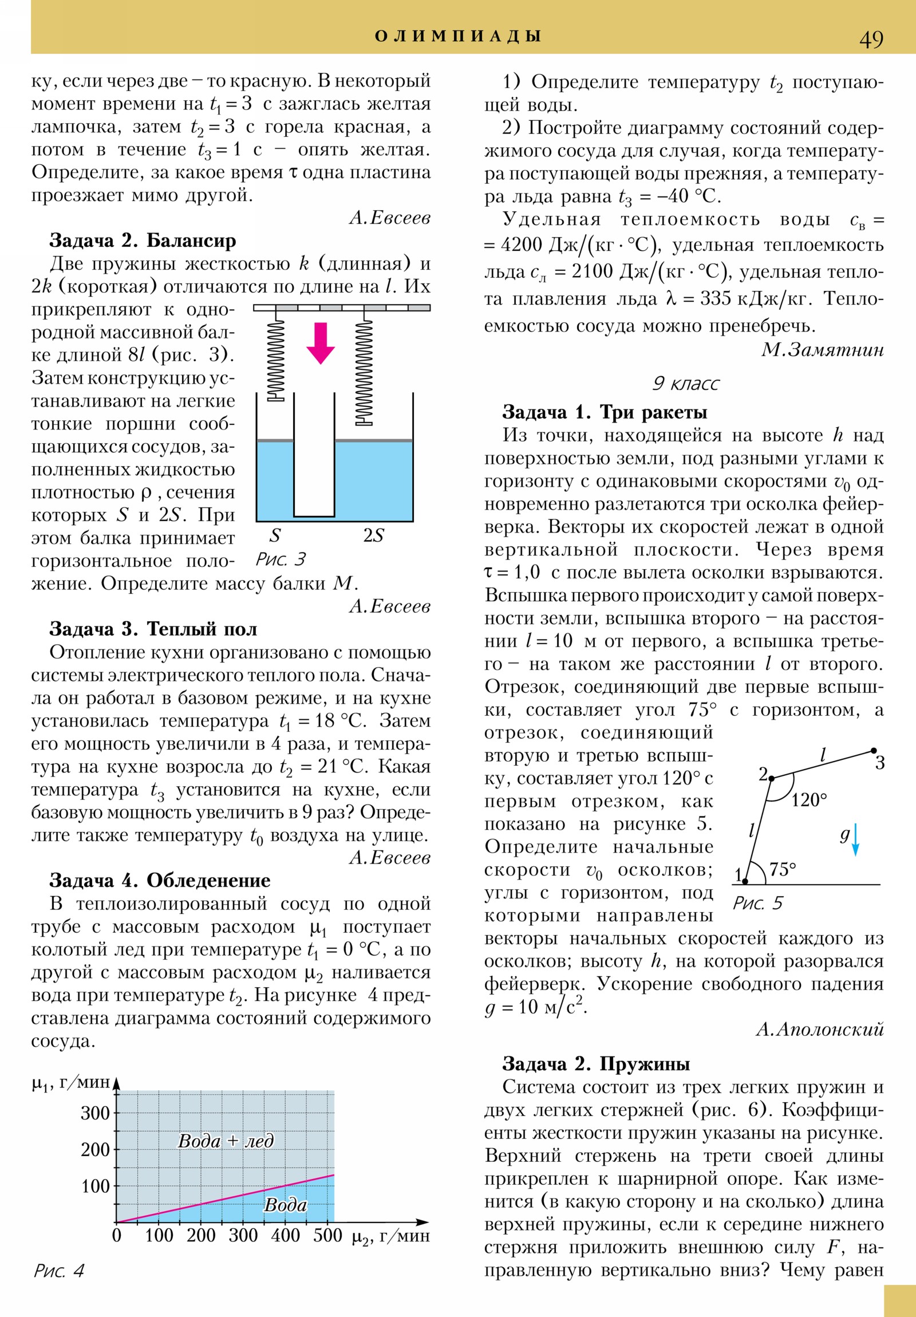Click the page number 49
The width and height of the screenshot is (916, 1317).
[x=871, y=40]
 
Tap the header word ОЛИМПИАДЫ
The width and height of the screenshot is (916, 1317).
[x=457, y=36]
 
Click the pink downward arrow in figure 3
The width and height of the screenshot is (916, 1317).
[x=320, y=343]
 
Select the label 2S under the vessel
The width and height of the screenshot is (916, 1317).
[x=373, y=535]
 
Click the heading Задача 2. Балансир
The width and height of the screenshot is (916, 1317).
[x=142, y=240]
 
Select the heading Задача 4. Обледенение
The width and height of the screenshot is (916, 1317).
[x=160, y=881]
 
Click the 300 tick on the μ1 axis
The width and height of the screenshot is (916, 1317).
[x=95, y=1113]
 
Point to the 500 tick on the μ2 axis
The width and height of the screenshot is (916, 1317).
[x=327, y=1235]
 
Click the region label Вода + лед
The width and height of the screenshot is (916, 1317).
[x=226, y=1141]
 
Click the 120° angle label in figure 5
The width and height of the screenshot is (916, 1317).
[x=809, y=800]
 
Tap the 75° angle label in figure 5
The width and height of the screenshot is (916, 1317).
[x=783, y=870]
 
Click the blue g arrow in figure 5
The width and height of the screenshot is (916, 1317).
[x=855, y=841]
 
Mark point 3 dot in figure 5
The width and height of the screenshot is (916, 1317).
[x=874, y=750]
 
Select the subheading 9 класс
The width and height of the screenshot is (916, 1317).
[x=685, y=383]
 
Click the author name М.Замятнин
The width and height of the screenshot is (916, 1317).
[x=823, y=350]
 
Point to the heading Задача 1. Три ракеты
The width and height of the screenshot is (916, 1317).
[x=605, y=412]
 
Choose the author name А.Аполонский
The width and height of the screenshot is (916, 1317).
[x=820, y=1030]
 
